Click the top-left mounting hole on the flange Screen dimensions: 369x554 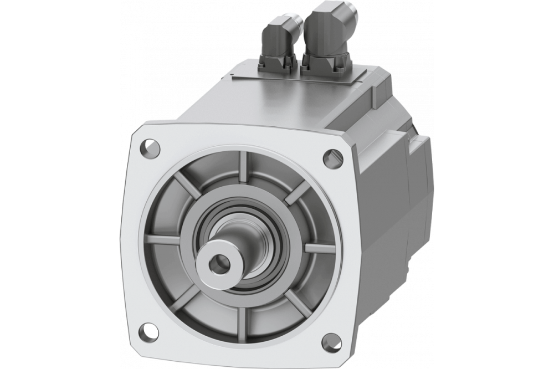coord(148,148)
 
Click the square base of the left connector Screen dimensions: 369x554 coord(277,64)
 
